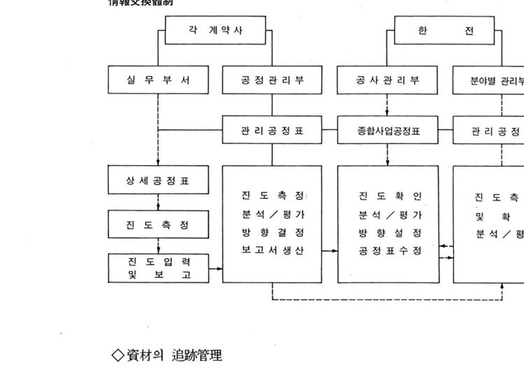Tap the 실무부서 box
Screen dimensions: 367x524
(x=159, y=80)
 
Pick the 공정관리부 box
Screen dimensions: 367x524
(x=273, y=80)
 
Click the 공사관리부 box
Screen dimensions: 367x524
(x=388, y=80)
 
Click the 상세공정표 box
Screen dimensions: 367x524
(x=159, y=180)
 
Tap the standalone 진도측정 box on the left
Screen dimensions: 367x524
(x=159, y=225)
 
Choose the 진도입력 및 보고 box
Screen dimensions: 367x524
(x=159, y=268)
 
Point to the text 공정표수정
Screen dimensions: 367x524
(x=389, y=250)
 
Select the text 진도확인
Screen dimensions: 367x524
(x=389, y=195)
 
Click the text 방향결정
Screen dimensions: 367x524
(x=273, y=232)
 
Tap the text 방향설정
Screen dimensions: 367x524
(x=389, y=232)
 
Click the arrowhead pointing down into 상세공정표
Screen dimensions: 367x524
(x=159, y=162)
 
